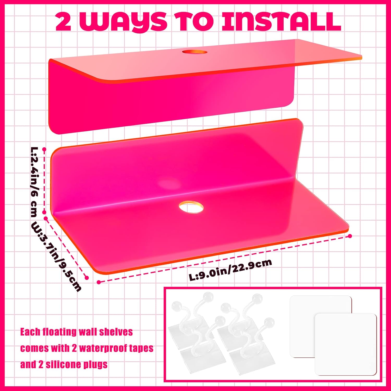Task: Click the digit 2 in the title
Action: tap(63, 22)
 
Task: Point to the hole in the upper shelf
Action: tap(194, 52)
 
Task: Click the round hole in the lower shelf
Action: tap(191, 207)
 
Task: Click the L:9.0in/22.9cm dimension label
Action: tap(230, 270)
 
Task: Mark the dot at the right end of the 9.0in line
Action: tap(350, 236)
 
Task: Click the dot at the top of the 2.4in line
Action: tap(44, 149)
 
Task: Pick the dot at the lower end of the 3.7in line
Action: tap(87, 278)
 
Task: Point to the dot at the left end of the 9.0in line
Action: tap(99, 282)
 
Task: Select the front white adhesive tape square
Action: tap(346, 344)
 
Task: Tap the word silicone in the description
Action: tap(60, 364)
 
